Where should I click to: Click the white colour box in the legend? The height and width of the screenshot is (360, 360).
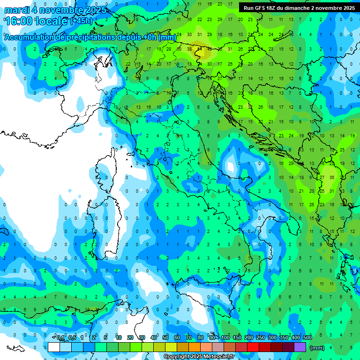tap(54, 347)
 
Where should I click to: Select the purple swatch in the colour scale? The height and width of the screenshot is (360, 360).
tap(300, 347)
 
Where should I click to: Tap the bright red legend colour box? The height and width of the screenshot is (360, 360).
tap(253, 347)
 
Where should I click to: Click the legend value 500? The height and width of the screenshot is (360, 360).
tap(307, 338)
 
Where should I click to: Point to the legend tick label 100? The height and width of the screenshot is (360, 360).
tap(225, 338)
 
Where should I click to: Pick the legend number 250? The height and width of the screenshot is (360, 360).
tap(261, 338)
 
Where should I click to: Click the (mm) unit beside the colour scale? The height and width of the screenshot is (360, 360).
tap(317, 348)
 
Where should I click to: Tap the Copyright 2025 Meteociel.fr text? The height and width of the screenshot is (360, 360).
tap(199, 357)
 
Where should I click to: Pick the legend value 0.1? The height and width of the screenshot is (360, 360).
tap(61, 338)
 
